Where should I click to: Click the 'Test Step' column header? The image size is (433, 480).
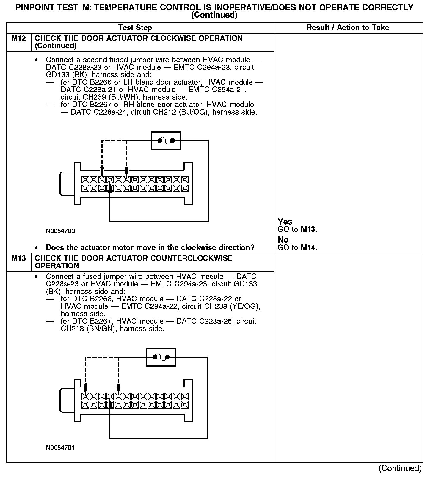click(135, 28)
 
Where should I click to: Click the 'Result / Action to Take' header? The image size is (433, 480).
click(348, 28)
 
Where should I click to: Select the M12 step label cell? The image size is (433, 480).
click(18, 38)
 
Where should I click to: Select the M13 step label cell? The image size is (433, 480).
click(18, 258)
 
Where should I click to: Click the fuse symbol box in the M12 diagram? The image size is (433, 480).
click(166, 141)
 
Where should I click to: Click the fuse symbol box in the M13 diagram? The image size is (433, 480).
click(161, 357)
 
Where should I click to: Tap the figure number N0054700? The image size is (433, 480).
click(60, 231)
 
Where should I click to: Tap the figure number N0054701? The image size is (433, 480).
click(60, 448)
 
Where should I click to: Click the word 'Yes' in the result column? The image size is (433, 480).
click(285, 222)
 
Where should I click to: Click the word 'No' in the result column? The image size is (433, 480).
click(283, 240)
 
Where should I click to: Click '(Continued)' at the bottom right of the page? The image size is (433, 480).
click(400, 468)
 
